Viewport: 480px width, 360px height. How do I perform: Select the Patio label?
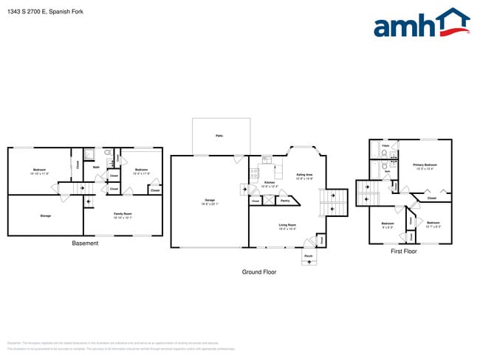coord(219,136)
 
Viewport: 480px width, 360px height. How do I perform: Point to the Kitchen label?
coord(270,183)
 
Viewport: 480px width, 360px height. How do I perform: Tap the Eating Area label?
coord(304,176)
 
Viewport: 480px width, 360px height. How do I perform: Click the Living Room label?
coord(287,226)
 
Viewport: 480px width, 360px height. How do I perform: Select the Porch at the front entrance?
coord(308,256)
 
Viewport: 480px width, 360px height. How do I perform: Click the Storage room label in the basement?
coord(45,215)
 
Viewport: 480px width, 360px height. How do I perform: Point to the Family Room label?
coord(123,215)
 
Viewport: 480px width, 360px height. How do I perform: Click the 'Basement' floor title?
coord(85,243)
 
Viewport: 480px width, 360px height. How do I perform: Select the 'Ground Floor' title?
coord(259,272)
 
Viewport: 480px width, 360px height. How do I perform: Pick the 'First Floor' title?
coord(403,252)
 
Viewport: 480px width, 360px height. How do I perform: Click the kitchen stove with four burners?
coord(253,176)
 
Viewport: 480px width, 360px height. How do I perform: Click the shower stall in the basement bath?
coord(88,154)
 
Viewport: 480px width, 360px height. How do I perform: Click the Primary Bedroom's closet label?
coord(431,198)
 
